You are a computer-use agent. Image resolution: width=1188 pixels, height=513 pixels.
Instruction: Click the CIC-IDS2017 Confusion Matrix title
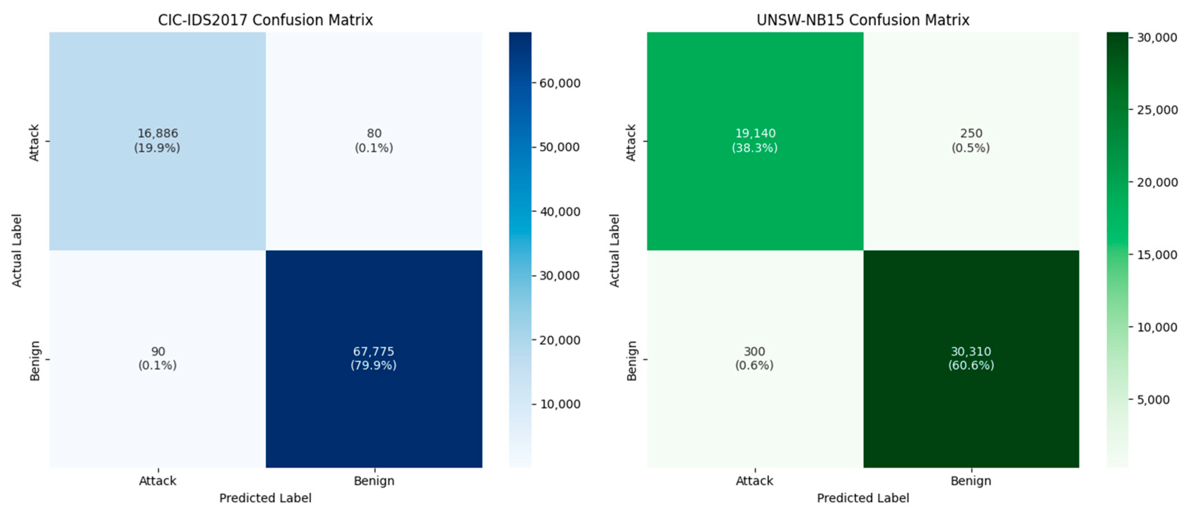pos(265,20)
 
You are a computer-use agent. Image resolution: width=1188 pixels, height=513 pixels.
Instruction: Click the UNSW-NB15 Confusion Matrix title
pos(863,20)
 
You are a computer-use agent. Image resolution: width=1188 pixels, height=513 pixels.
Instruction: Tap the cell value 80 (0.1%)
pos(374,140)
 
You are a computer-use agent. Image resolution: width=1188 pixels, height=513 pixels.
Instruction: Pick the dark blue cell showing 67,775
pos(374,358)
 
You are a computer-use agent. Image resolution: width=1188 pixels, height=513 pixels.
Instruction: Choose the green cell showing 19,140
pos(755,140)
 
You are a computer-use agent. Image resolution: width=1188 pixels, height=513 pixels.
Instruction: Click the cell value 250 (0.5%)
pos(971,140)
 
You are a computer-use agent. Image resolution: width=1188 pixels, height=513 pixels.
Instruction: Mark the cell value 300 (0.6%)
pos(755,358)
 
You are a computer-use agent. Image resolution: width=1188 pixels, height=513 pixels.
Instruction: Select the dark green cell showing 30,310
pos(971,358)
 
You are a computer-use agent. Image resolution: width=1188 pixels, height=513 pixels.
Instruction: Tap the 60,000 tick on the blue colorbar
pos(560,83)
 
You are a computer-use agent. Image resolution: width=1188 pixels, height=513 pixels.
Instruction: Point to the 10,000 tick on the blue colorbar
pos(560,404)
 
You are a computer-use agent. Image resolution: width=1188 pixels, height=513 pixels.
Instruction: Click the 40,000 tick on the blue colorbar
pos(560,212)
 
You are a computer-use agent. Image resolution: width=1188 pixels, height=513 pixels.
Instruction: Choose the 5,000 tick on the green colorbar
pos(1153,399)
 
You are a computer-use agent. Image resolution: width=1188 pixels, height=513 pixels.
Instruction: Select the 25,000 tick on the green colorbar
pos(1157,110)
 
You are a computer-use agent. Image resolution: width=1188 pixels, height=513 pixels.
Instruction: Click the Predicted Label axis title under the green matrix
pos(863,498)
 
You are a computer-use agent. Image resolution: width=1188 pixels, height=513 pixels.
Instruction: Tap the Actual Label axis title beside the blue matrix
pos(17,250)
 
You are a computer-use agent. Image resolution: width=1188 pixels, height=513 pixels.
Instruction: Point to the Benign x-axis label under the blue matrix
pos(374,481)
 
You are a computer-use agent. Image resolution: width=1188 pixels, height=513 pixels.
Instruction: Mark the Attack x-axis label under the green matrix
pos(755,481)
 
